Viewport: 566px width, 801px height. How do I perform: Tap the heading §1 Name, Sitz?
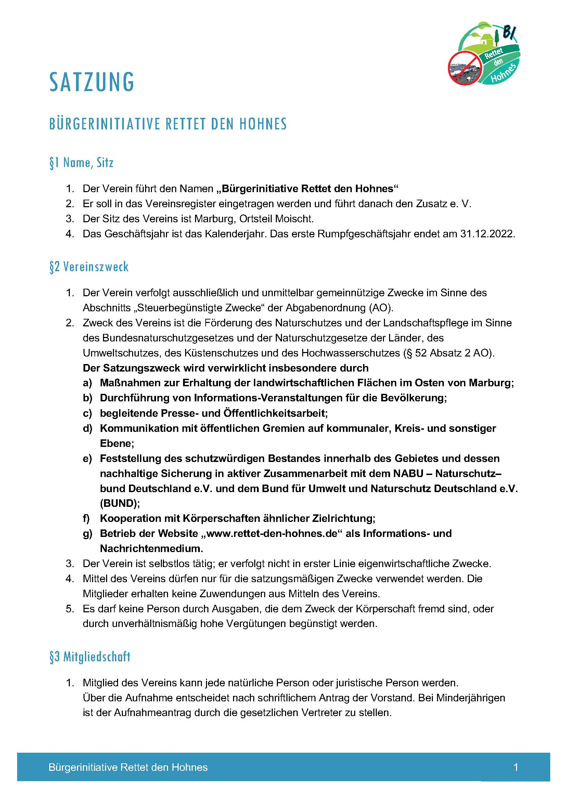coord(81,163)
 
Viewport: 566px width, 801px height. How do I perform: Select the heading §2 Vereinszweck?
coord(89,267)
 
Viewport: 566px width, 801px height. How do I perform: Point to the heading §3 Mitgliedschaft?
coord(90,656)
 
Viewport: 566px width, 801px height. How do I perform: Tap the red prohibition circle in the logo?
coord(464,67)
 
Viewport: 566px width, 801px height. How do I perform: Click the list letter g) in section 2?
coord(88,534)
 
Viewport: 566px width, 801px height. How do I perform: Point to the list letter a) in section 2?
coord(88,383)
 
